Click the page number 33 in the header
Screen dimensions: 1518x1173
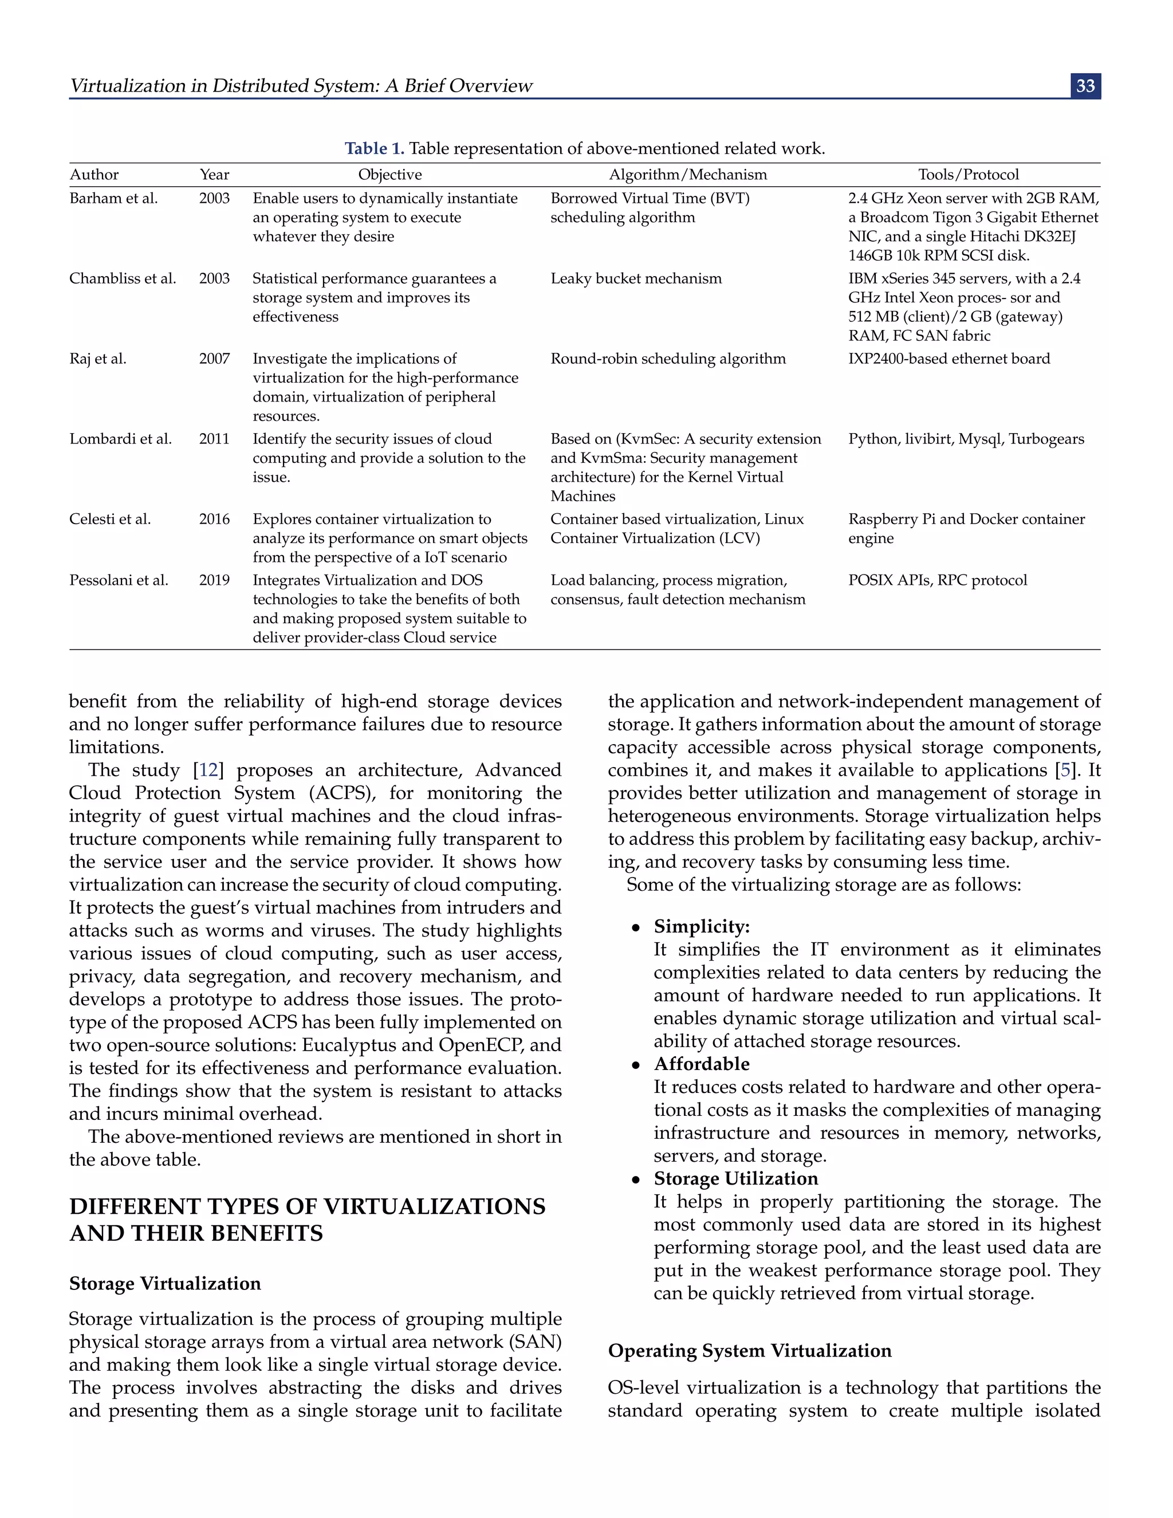[1085, 86]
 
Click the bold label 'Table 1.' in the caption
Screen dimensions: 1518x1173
[375, 149]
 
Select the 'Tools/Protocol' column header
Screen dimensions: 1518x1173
[968, 175]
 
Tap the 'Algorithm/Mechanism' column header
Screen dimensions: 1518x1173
[688, 175]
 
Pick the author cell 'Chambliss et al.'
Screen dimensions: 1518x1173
[123, 279]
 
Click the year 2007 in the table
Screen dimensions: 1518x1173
[214, 359]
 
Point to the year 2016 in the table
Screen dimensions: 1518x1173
[214, 519]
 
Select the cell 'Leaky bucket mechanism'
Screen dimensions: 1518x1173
[636, 279]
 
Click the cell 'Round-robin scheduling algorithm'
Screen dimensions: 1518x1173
[668, 359]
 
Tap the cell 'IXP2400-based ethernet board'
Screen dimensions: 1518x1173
[948, 359]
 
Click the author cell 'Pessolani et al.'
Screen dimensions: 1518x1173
[119, 580]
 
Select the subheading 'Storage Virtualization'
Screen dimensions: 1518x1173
[165, 1284]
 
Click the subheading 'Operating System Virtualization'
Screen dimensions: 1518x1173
[749, 1351]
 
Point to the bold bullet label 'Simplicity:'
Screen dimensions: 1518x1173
[702, 926]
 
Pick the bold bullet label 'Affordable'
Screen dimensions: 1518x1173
[701, 1064]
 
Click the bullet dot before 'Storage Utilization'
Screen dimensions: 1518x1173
[635, 1180]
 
